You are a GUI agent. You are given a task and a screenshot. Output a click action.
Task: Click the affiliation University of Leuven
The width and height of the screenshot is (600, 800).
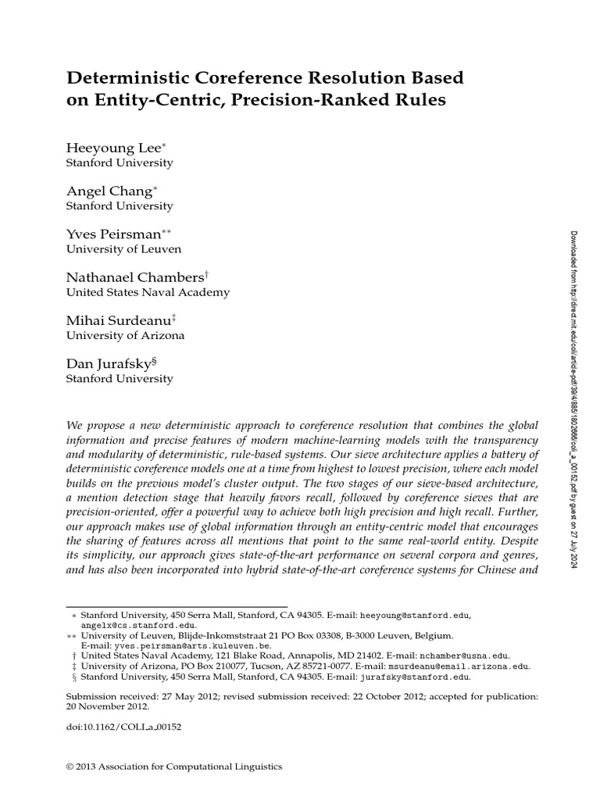(x=124, y=249)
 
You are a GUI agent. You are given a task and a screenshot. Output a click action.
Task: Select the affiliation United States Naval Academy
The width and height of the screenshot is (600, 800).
(x=148, y=292)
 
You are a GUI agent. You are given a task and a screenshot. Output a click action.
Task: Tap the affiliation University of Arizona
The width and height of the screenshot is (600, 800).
(x=126, y=335)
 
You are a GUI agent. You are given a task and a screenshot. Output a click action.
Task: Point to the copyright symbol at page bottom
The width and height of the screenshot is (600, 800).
(x=71, y=767)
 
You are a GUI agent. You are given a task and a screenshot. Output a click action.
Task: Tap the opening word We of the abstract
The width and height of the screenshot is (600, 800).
(x=73, y=423)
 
